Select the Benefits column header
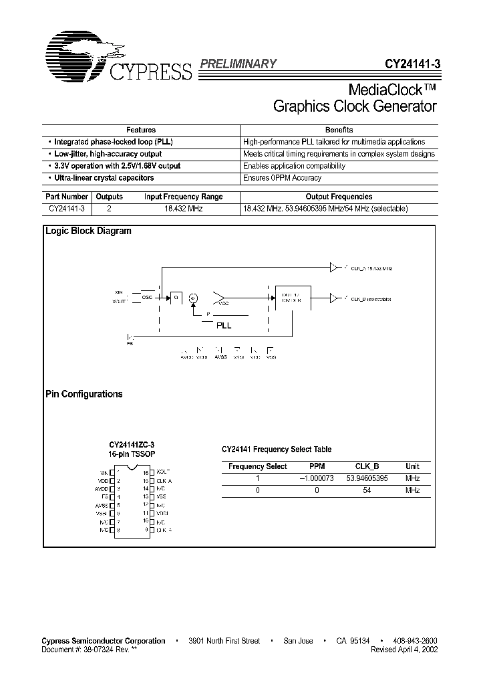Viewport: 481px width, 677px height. (x=339, y=130)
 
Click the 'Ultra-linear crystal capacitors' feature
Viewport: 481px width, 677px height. (x=104, y=178)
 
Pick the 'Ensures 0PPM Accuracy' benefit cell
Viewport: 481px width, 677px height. (x=282, y=178)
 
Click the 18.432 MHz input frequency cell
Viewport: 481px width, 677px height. (x=183, y=209)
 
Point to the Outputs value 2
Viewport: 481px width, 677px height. (x=110, y=209)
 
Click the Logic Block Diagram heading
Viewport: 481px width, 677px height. (x=88, y=231)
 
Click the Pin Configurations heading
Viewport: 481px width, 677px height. (x=84, y=394)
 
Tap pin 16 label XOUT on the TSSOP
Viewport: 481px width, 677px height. (x=163, y=472)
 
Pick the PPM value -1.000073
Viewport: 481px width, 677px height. (x=317, y=478)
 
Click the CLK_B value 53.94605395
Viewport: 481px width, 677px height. (x=367, y=478)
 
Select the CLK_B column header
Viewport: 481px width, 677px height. (x=367, y=466)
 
